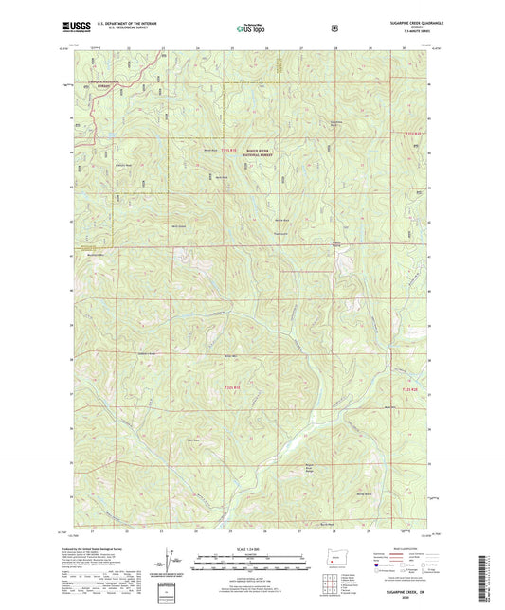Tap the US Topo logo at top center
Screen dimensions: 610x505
250,29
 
